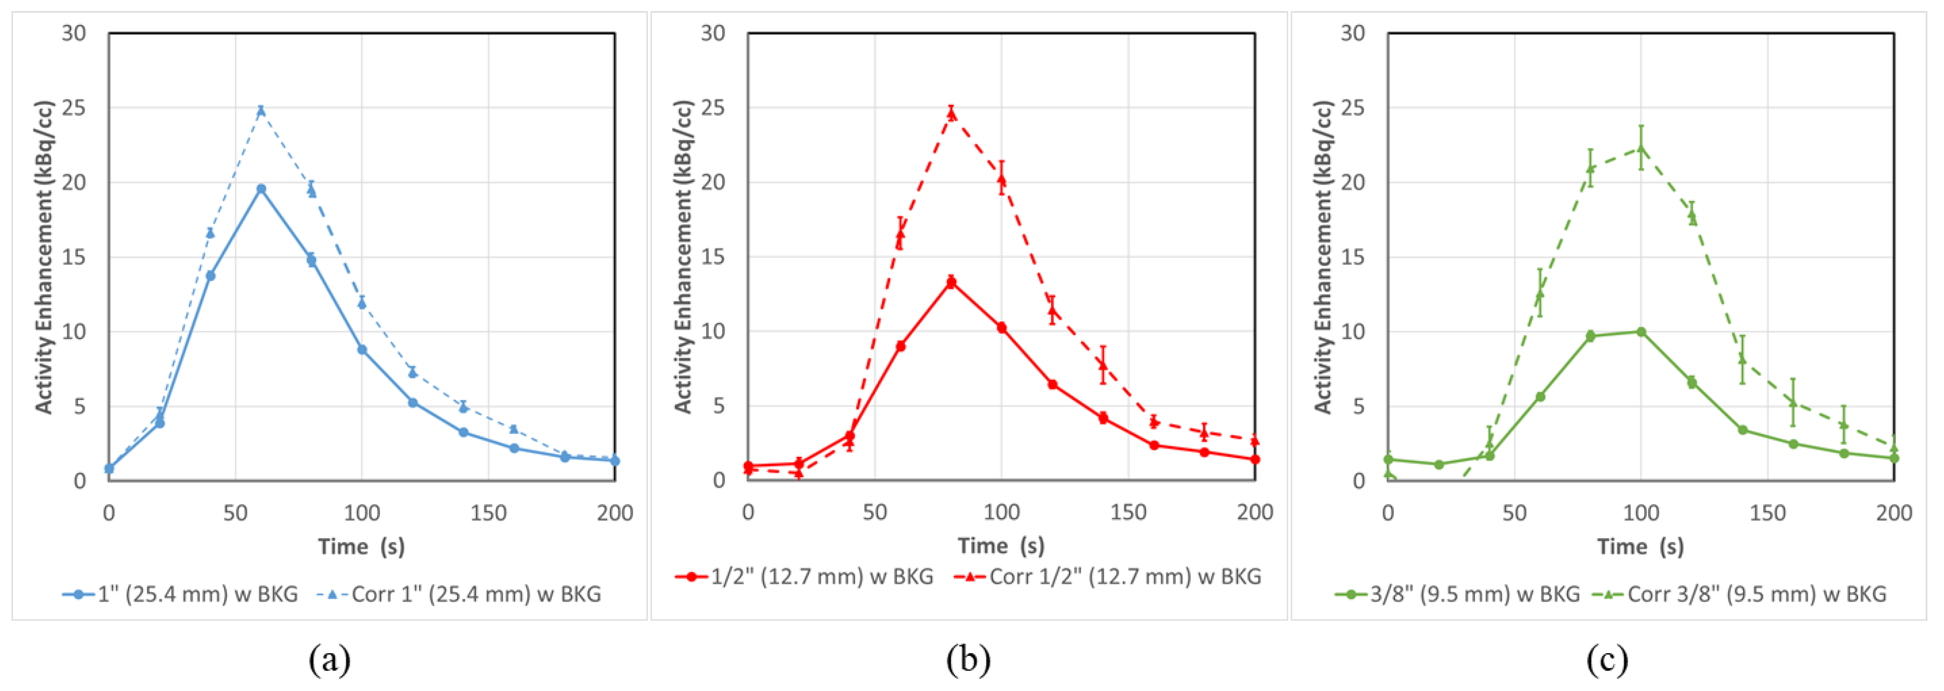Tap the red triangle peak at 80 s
coord(951,113)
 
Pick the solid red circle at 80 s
coord(951,282)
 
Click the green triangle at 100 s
coord(1640,148)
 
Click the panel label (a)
coord(330,660)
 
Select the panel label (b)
coord(968,660)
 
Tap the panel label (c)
coord(1607,660)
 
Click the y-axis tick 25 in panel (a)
coord(74,108)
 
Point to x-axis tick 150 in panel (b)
coord(1128,512)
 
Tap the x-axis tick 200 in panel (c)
coord(1894,513)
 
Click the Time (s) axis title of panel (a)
coord(361,546)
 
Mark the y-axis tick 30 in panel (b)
coord(713,33)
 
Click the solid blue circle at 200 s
coord(615,460)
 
